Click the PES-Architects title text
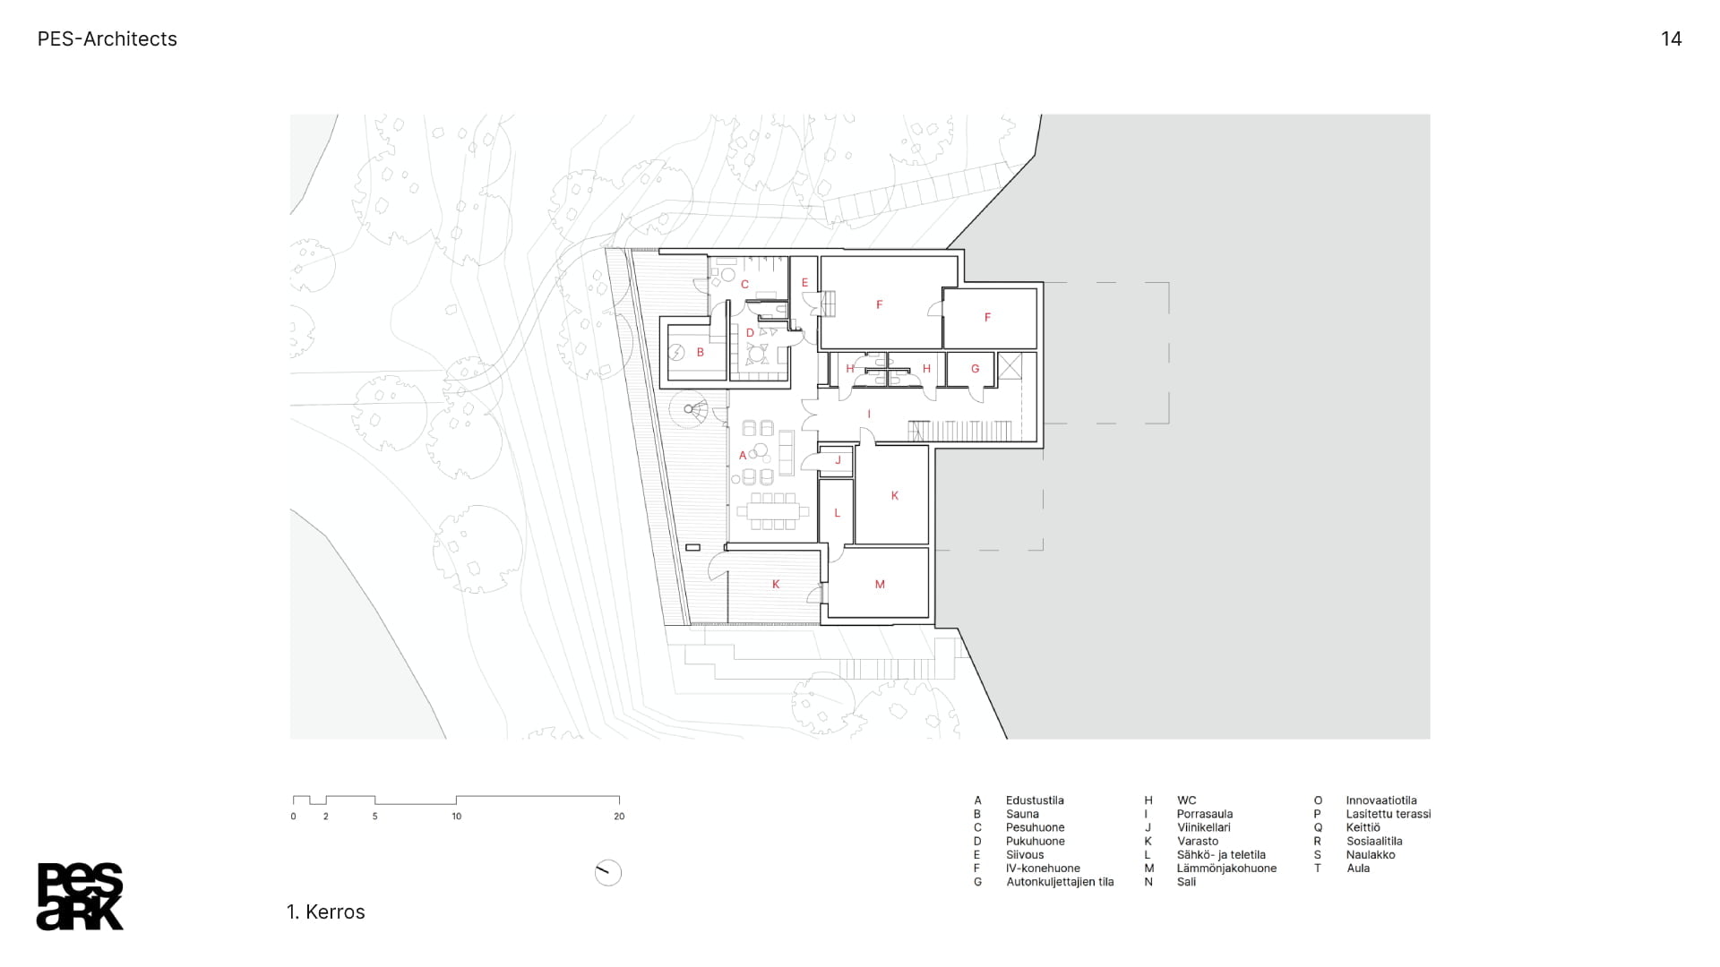107,39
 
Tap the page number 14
1671,39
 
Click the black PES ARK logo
80,896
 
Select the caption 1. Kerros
326,911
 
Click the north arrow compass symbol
608,873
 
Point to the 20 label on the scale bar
619,817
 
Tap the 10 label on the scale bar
457,817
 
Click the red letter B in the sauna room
701,353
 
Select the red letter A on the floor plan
743,456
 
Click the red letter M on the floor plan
880,585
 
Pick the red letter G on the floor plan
976,369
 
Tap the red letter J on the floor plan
838,460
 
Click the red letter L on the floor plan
838,513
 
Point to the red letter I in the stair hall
869,415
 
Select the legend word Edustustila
1035,800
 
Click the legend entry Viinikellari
1204,827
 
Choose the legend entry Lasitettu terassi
1389,814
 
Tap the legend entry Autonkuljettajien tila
1060,882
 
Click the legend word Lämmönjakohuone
1227,869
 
